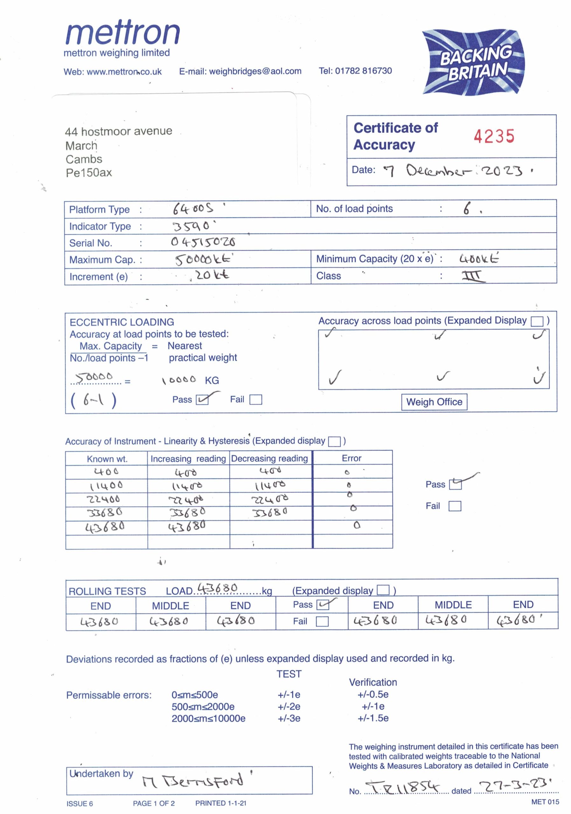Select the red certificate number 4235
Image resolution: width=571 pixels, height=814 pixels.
pos(494,136)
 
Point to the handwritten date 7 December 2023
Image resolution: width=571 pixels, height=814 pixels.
pos(457,171)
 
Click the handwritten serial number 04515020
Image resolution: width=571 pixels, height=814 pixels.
pos(203,242)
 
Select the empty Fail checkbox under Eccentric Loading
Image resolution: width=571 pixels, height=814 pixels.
pos(255,400)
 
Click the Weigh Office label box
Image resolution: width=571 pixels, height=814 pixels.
pos(434,402)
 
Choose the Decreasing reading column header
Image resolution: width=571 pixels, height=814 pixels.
pos(269,458)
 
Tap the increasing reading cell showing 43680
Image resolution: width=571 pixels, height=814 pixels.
pos(187,527)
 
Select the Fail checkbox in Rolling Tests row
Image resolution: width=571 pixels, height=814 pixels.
pos(322,622)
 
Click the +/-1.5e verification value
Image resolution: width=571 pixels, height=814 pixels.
pos(373,718)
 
